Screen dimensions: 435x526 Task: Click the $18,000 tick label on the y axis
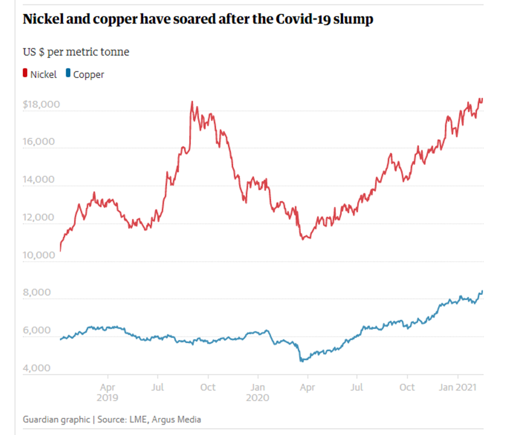pos(41,104)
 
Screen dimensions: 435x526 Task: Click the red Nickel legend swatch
pos(25,74)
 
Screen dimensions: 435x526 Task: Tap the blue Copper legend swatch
pos(68,74)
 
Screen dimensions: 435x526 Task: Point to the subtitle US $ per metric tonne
pos(76,52)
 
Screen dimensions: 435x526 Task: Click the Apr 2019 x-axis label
pos(108,392)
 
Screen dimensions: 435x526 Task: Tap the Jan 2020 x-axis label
pos(257,392)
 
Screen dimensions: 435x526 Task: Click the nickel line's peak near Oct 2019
pos(191,102)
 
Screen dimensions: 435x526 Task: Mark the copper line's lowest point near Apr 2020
pos(301,361)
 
